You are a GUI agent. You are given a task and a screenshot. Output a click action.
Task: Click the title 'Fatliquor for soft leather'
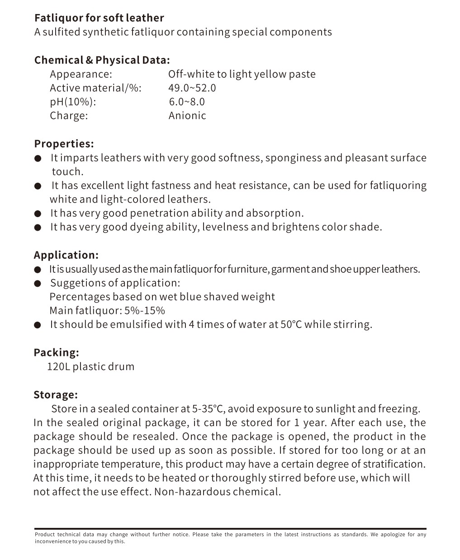(99, 18)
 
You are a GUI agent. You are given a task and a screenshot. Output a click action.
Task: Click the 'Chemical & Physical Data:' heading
(102, 60)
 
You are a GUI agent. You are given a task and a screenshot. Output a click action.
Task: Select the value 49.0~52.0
(192, 88)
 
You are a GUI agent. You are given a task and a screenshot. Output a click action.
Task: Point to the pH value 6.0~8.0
(187, 102)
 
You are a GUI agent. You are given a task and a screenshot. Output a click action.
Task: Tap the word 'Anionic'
(187, 116)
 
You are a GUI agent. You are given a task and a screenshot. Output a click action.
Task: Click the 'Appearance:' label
(81, 74)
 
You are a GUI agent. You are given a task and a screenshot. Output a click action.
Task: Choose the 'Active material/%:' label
(95, 88)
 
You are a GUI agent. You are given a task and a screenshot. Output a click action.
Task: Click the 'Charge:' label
(69, 116)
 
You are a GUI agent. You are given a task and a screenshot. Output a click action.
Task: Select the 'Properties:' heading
(64, 144)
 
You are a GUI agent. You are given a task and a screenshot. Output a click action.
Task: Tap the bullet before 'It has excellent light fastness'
(38, 186)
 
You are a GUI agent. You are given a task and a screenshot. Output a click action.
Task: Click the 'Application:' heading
(66, 255)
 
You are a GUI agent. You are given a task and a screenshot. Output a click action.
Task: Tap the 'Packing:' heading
(56, 352)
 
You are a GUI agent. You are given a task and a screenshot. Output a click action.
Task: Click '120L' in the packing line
(58, 366)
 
